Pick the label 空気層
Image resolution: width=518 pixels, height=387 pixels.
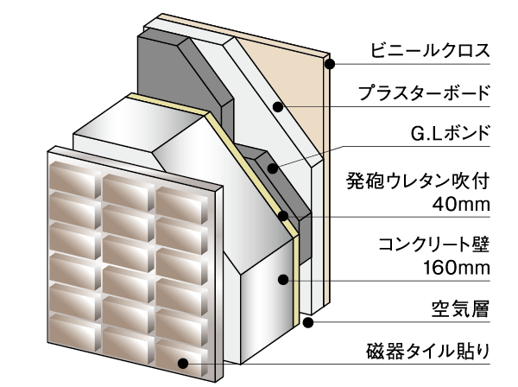click(460, 307)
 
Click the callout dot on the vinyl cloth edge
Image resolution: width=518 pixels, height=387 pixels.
click(328, 63)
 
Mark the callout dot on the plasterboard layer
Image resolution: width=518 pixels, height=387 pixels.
click(278, 106)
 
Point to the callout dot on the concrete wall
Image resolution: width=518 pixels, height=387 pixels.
click(282, 278)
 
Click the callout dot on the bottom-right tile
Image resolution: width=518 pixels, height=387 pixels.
click(182, 365)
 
